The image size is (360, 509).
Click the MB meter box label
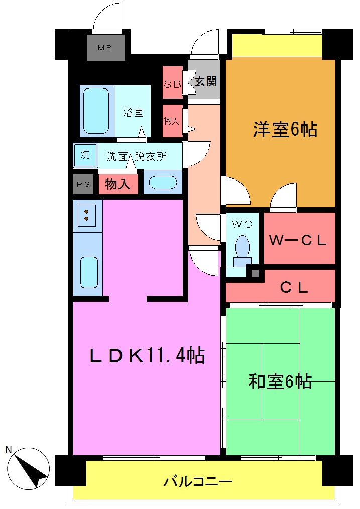click(x=104, y=48)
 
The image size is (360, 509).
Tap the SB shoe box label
click(x=172, y=84)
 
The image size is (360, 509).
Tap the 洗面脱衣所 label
click(x=137, y=156)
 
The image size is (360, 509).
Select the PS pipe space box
click(x=83, y=184)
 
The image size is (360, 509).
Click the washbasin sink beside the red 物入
click(x=163, y=182)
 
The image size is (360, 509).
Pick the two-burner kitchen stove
click(x=87, y=215)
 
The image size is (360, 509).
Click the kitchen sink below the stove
click(x=88, y=272)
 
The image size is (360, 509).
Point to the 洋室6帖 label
click(x=284, y=130)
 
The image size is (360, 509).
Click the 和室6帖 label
click(x=280, y=381)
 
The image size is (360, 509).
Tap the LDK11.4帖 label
click(x=147, y=355)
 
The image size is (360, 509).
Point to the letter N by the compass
click(x=9, y=450)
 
